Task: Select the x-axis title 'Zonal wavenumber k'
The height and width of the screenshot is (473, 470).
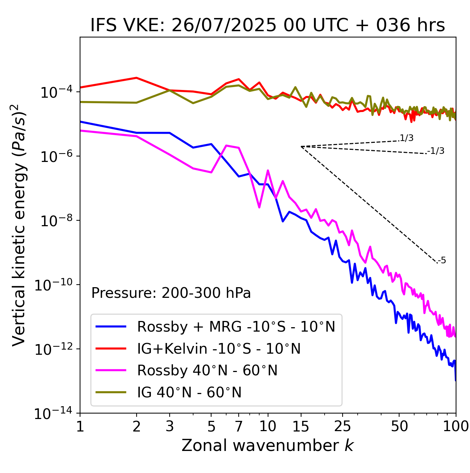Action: point(267,445)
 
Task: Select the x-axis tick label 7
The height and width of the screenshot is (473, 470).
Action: point(239,427)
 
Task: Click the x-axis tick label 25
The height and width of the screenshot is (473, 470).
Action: point(342,427)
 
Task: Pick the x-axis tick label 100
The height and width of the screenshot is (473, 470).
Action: point(455,427)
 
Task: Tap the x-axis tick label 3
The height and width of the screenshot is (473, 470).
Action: point(170,427)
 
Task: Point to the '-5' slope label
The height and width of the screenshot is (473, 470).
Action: point(442,261)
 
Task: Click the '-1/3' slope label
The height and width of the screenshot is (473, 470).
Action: point(436,151)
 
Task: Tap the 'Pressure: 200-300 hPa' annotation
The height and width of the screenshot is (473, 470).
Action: point(171,293)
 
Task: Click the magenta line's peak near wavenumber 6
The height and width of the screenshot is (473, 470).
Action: point(227,146)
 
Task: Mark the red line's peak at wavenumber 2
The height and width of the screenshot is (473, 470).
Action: point(137,78)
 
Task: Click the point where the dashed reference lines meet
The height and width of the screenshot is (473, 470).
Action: point(301,147)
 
